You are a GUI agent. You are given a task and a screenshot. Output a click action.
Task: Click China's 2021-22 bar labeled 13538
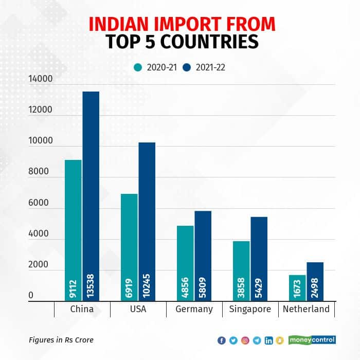point(91,195)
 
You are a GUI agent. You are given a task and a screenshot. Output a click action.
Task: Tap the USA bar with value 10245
point(147,221)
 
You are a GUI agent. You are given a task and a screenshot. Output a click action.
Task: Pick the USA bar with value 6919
point(129,247)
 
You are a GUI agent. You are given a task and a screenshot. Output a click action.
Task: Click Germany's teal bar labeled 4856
point(185,263)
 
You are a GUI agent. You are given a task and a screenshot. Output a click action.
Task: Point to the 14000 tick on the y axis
point(41,79)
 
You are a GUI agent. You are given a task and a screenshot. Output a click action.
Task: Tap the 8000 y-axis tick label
point(41,172)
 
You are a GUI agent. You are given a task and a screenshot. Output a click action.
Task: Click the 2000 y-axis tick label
point(41,265)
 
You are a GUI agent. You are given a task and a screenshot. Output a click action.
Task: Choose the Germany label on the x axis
point(194,309)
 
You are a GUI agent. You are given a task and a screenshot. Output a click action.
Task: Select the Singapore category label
point(250,309)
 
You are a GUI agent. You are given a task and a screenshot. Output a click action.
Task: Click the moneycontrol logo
point(313,340)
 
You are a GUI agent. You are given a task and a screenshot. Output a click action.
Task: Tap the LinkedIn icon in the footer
point(268,340)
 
